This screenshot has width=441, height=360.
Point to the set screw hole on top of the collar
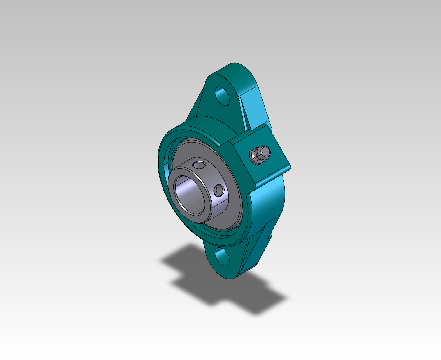point(198,165)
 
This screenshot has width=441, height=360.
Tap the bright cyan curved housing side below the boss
point(267,201)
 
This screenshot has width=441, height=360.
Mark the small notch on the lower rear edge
point(270,235)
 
